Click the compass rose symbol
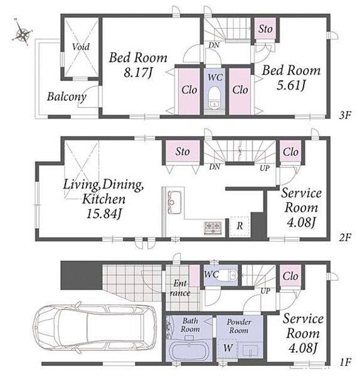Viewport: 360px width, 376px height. coord(21,33)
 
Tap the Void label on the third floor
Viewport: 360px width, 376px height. coord(81,46)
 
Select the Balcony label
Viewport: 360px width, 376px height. coord(66,97)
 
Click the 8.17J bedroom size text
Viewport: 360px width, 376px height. coord(138,73)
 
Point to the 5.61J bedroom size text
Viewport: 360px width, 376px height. coord(291,85)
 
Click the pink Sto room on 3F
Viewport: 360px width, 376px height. coord(265,28)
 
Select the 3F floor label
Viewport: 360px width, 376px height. coord(345,115)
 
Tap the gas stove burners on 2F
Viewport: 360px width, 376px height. coord(213,227)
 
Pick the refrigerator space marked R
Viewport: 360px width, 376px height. coord(240,226)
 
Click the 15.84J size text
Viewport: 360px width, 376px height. coord(103,214)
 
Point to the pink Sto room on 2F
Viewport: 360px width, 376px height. coord(183,151)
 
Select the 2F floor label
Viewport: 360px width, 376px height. coord(345,238)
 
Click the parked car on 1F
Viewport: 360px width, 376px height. coord(94,328)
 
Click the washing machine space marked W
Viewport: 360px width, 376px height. coord(228,348)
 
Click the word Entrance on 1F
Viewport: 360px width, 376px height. coord(180,288)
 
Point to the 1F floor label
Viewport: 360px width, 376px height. coord(345,362)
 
